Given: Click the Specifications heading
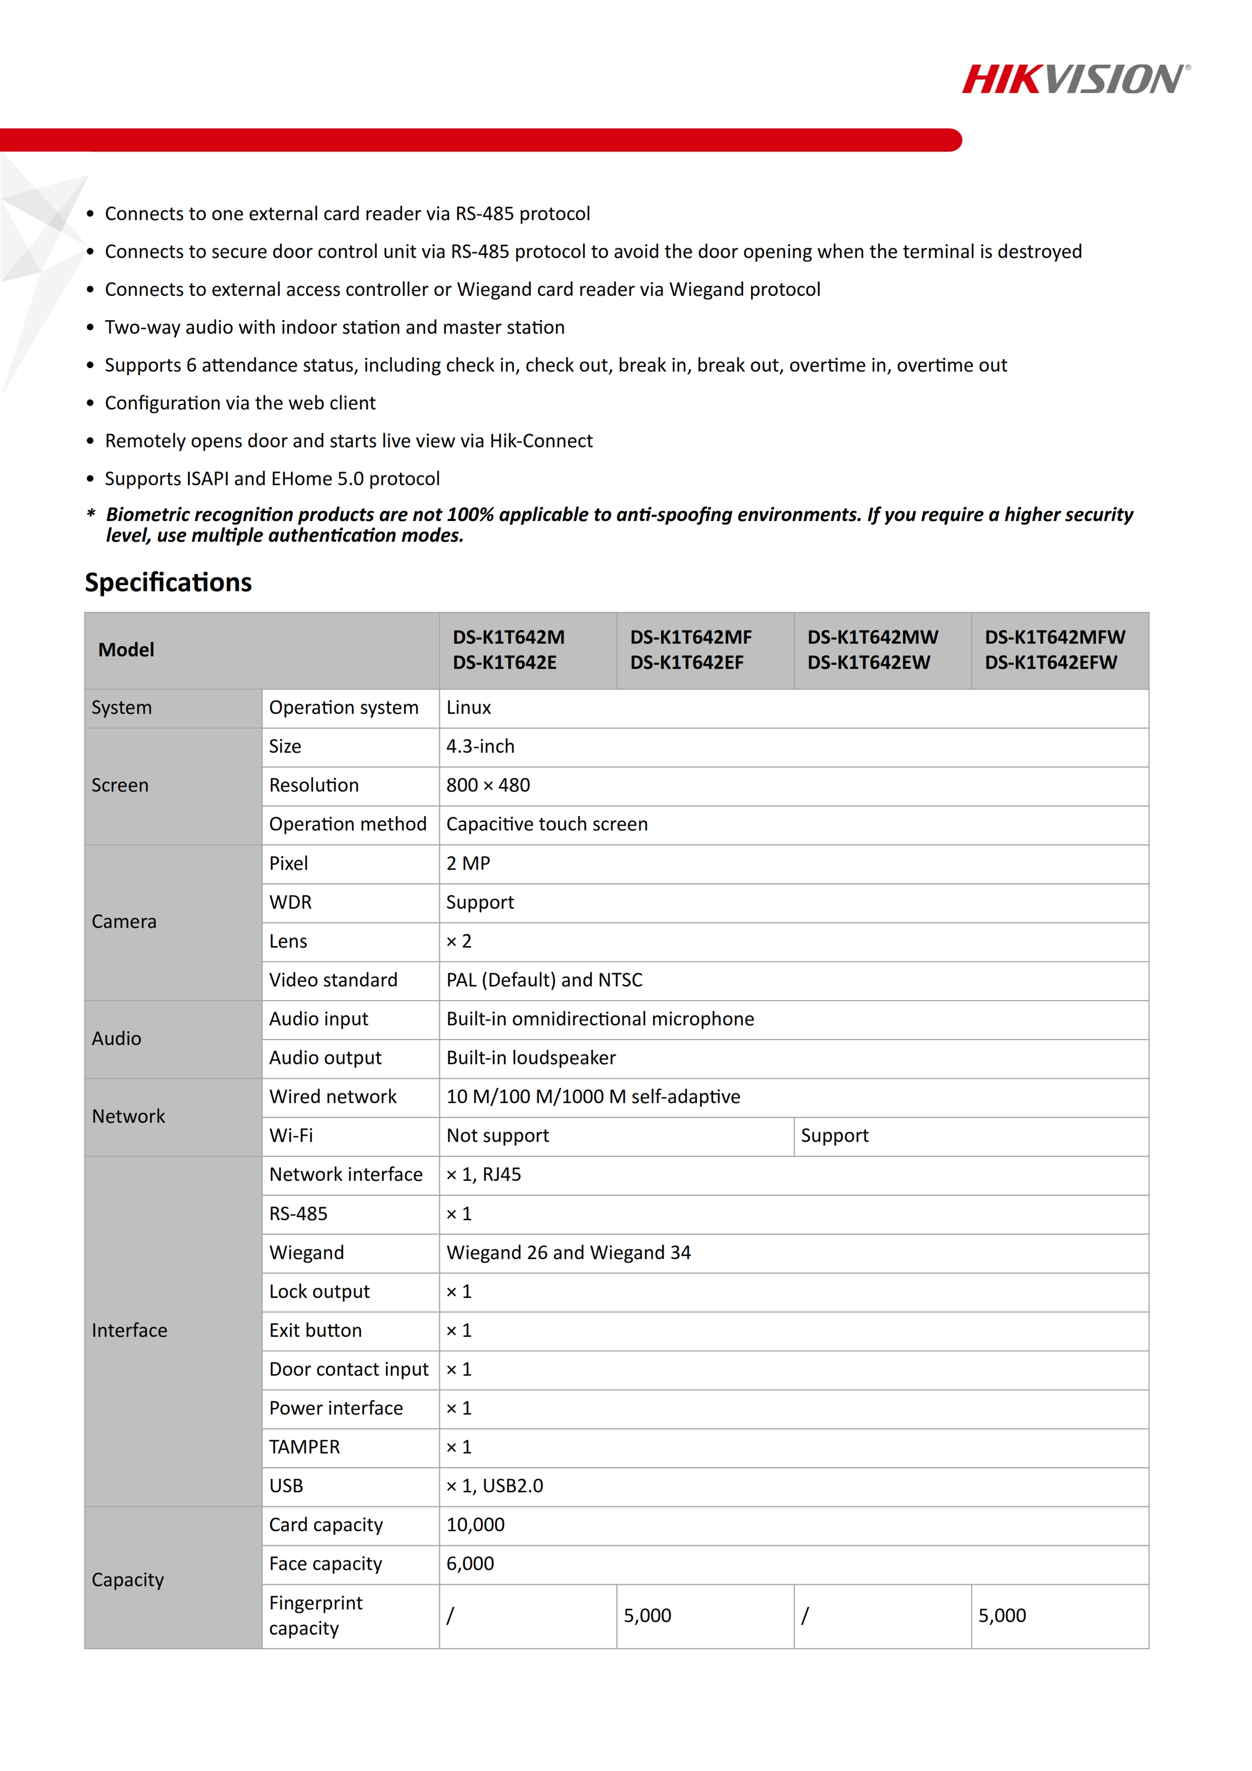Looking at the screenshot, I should pyautogui.click(x=168, y=583).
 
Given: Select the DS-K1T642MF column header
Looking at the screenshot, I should pyautogui.click(x=690, y=649).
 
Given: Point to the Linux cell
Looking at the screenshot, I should pyautogui.click(x=468, y=708).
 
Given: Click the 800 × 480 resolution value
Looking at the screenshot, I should pyautogui.click(x=487, y=785).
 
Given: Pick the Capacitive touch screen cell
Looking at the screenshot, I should pyautogui.click(x=547, y=824).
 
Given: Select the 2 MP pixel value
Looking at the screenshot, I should pyautogui.click(x=468, y=864).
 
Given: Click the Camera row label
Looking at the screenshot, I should pyautogui.click(x=124, y=922).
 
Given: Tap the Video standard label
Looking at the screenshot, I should pyautogui.click(x=333, y=980).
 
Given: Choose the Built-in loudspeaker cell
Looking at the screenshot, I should pyautogui.click(x=531, y=1058).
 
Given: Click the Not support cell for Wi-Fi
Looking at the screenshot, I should pyautogui.click(x=497, y=1136).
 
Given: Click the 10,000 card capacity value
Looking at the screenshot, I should pyautogui.click(x=475, y=1525).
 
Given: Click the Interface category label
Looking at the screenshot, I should pyautogui.click(x=130, y=1331).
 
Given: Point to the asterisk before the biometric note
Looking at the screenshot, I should pyautogui.click(x=91, y=514).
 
